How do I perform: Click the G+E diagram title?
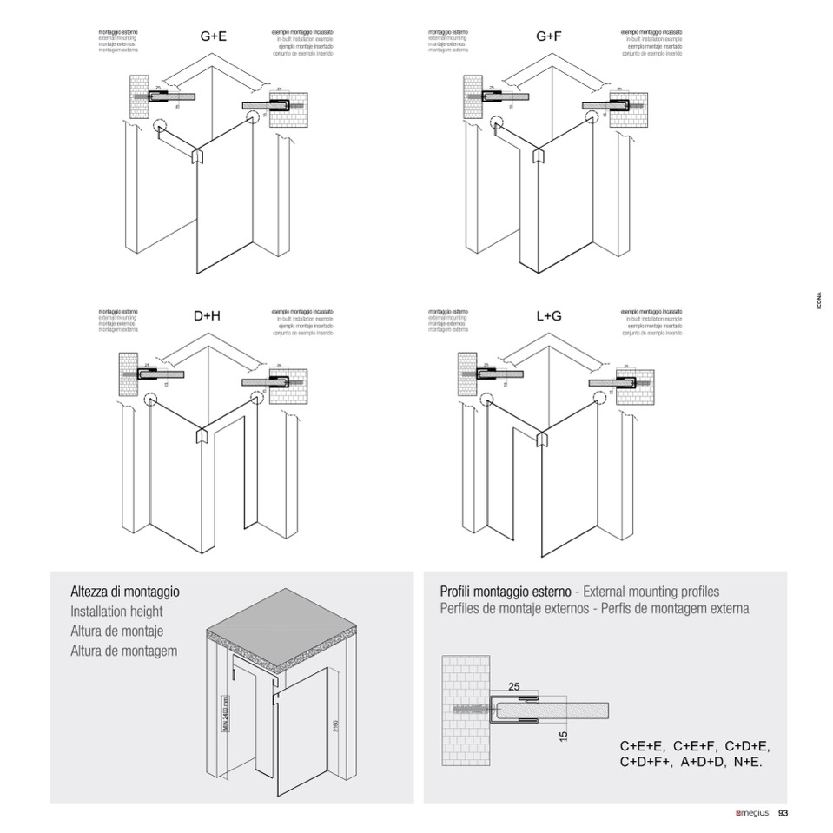point(213,36)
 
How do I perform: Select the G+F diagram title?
point(549,36)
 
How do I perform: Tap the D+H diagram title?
point(207,316)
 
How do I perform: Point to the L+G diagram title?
point(549,316)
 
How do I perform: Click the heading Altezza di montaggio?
point(125,592)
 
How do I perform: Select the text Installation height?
point(116,612)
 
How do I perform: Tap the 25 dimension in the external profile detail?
point(513,686)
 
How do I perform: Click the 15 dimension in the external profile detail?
point(563,736)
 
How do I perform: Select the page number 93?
point(783,814)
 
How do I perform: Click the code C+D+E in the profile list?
point(747,746)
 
